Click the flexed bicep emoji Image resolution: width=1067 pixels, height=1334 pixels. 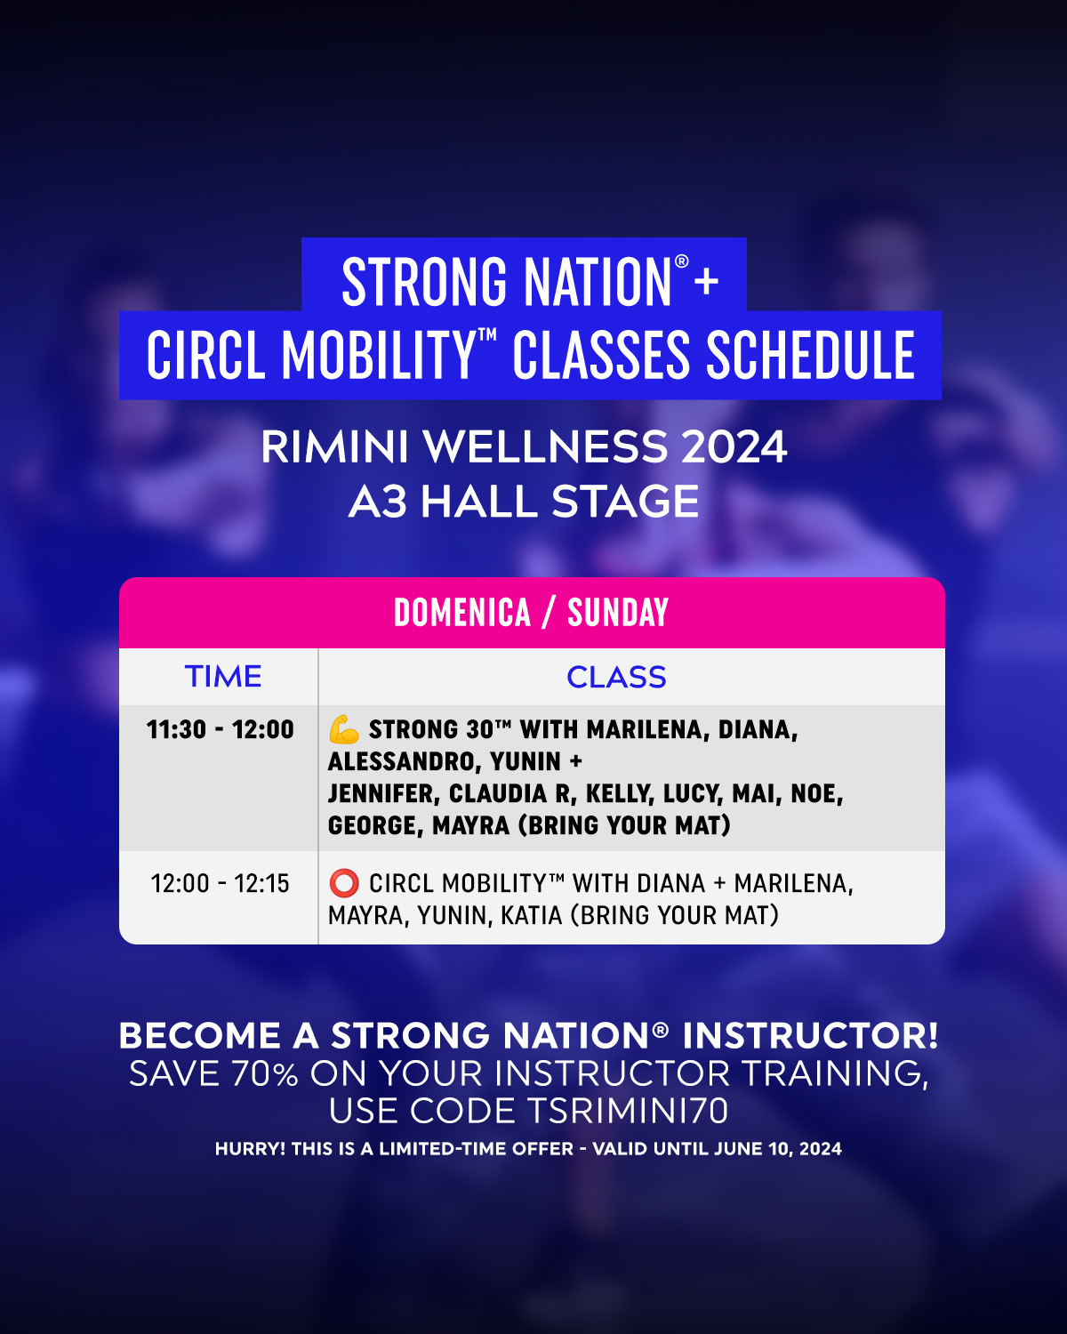coord(344,729)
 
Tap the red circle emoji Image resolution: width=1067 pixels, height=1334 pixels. coord(344,883)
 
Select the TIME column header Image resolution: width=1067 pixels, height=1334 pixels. coord(223,676)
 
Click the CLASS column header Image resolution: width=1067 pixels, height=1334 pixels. coord(616,677)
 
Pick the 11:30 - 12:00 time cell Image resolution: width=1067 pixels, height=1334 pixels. coord(221,729)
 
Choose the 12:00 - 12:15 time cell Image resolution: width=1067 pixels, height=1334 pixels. coord(221,883)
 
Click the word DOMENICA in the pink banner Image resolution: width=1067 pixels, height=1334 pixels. coord(462,613)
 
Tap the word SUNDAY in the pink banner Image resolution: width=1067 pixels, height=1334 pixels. coord(618,613)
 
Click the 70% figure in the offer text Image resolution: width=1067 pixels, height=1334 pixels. coord(265,1073)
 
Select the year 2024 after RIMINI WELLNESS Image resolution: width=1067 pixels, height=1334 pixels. coord(734,446)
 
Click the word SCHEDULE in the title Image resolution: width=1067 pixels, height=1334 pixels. coord(811,355)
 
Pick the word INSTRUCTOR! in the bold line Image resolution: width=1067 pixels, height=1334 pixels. coord(810,1035)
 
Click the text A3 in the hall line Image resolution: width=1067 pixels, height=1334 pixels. coord(378,501)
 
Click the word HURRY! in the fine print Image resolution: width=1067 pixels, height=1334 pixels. coord(251,1149)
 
